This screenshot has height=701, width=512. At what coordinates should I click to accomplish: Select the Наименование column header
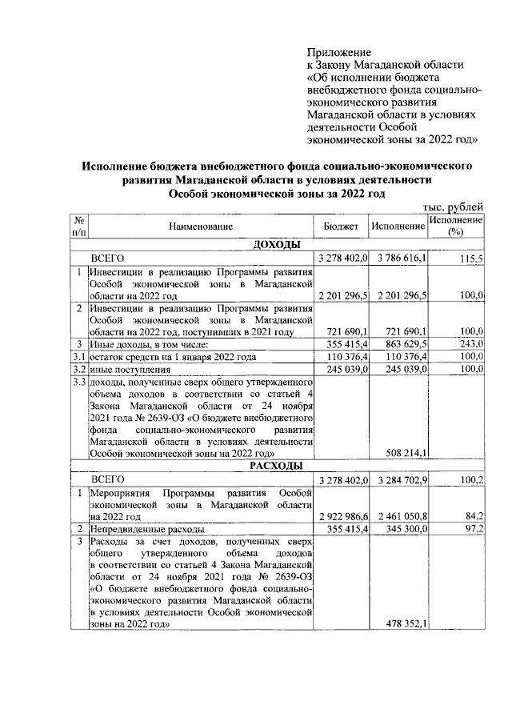tap(201, 227)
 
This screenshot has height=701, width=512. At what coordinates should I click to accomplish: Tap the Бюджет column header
tap(341, 227)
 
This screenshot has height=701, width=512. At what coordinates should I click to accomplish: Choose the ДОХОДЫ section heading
tap(277, 244)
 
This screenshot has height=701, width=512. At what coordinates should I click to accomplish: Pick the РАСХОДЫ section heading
tap(277, 465)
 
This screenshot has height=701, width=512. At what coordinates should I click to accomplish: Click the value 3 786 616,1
tap(399, 259)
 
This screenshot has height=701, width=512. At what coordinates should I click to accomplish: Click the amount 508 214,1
tap(405, 454)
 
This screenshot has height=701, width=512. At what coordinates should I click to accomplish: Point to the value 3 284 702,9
tap(399, 480)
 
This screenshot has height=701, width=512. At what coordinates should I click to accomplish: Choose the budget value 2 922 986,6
tap(342, 516)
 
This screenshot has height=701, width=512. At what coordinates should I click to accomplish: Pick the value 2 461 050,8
tap(399, 516)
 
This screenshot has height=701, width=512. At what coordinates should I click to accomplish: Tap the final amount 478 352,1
tap(405, 625)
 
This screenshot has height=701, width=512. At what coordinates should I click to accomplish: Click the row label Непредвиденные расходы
tap(147, 529)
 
